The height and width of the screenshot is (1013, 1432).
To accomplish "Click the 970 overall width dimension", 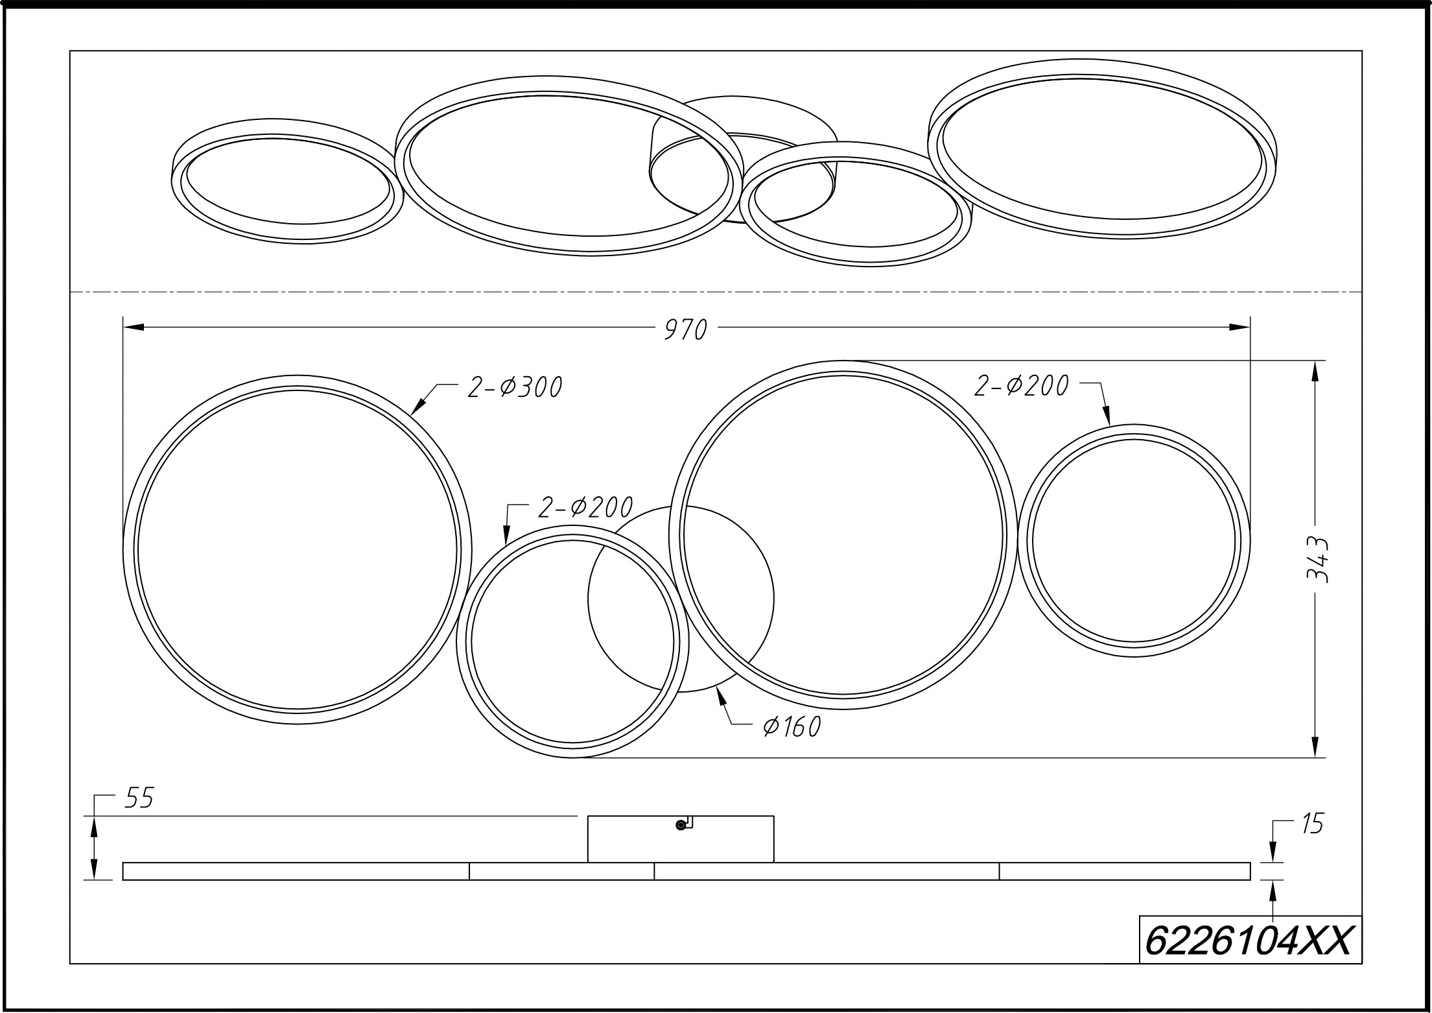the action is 686,330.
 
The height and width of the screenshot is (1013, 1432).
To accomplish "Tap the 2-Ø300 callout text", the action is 515,387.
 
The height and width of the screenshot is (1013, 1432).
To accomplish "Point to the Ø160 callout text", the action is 792,727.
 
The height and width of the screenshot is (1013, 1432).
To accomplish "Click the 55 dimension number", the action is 139,799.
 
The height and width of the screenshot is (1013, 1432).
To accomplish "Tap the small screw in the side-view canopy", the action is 680,825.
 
